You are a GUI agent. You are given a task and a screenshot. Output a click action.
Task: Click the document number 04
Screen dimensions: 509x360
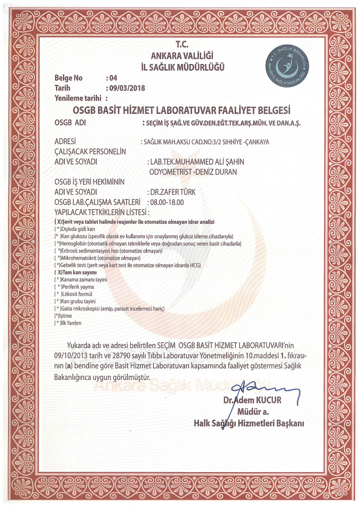coord(113,79)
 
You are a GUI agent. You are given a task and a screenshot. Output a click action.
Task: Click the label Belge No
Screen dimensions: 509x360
coord(68,79)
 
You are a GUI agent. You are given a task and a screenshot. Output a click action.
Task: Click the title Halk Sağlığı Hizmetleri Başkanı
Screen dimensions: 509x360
coord(249,424)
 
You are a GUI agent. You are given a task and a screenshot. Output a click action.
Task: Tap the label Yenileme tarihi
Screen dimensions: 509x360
coord(78,98)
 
